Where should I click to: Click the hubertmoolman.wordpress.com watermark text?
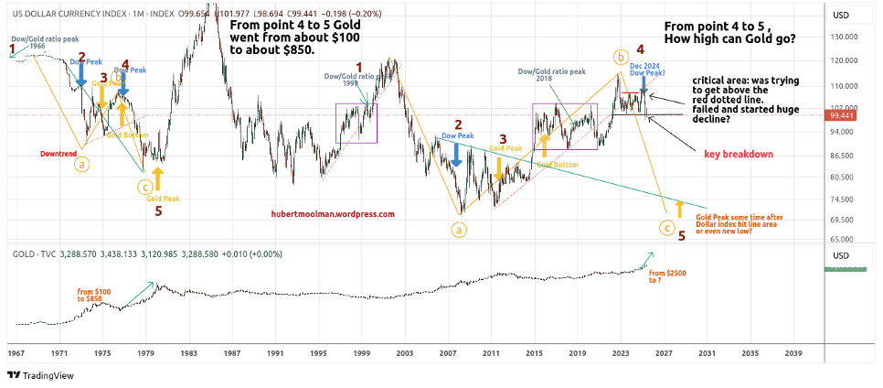[x=333, y=214]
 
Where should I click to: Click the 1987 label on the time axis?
[x=232, y=351]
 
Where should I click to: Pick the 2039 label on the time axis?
[x=793, y=351]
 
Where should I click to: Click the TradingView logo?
[x=40, y=375]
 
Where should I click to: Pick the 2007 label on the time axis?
[x=448, y=351]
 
